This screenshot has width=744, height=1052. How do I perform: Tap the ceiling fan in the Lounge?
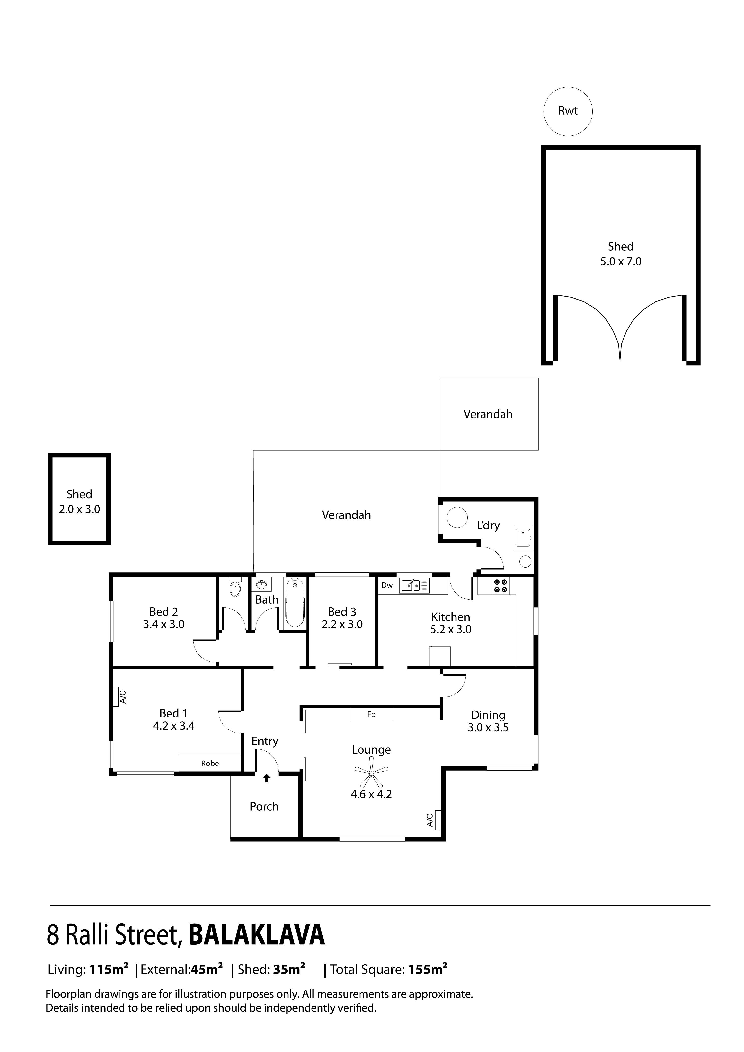pos(372,773)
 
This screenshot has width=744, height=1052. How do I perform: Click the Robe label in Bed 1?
pos(210,763)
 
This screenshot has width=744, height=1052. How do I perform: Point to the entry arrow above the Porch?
pos(267,778)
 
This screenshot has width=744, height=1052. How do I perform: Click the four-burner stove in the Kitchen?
pos(500,586)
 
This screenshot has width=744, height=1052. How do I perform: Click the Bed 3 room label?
pos(342,612)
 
